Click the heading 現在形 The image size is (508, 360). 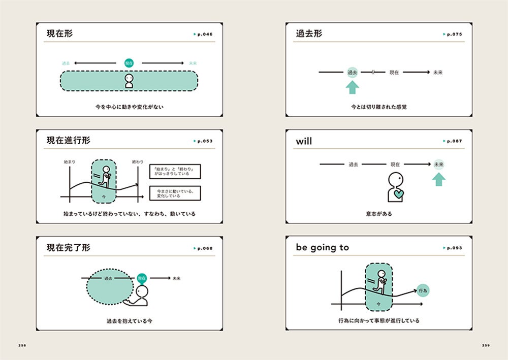[59, 34]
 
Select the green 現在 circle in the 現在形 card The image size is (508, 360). [129, 63]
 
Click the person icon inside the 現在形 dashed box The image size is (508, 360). [129, 81]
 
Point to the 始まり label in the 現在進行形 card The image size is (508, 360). [70, 161]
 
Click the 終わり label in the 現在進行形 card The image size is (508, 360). [138, 161]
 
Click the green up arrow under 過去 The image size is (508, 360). [352, 87]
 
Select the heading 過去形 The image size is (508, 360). [309, 34]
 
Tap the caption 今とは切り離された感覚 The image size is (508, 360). [378, 107]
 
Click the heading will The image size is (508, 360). [304, 141]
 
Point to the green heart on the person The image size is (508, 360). [398, 194]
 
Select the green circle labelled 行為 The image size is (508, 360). [423, 290]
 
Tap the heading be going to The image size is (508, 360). [323, 248]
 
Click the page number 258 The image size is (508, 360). [22, 345]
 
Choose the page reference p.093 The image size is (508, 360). [453, 248]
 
